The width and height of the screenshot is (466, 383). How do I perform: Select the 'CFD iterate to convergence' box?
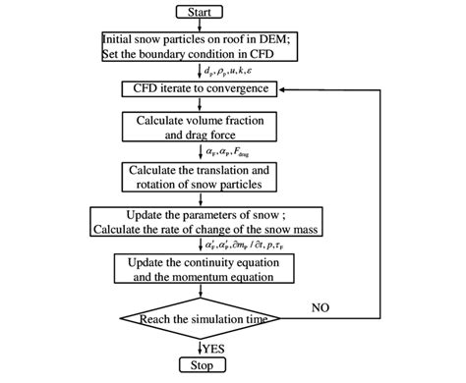200,89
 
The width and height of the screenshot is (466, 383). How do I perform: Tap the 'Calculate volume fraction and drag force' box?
200,129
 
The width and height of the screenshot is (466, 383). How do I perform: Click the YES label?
215,347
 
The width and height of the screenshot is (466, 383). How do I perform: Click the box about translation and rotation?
200,177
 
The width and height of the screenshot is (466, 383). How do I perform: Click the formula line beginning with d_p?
234,71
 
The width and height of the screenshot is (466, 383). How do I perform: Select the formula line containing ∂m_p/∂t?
246,246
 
